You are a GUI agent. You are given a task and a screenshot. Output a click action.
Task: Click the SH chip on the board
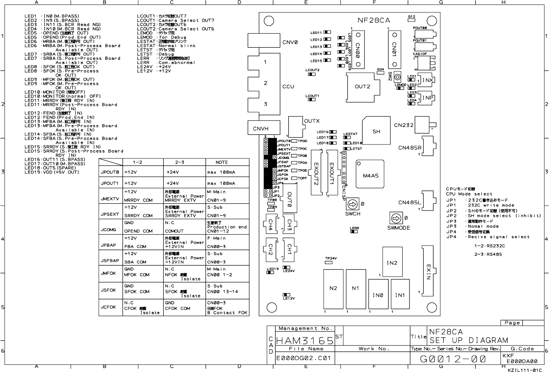tap(376, 131)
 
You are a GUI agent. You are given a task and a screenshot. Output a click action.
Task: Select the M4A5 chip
tap(370, 175)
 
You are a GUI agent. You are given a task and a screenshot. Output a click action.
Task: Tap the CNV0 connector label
tap(290, 42)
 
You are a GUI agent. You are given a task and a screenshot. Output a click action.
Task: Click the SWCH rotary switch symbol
tap(352, 204)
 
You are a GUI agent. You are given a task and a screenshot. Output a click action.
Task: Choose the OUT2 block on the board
tap(362, 86)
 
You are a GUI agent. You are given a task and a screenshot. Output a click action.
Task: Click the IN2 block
tap(392, 263)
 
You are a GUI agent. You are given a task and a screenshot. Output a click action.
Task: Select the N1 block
tap(355, 288)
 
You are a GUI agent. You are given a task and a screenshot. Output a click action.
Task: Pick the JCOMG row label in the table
tap(108, 229)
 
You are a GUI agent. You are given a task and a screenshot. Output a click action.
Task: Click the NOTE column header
tap(221, 162)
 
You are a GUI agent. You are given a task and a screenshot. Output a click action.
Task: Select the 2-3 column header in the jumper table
tap(180, 162)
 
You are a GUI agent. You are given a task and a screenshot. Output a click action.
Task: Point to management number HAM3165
tap(305, 341)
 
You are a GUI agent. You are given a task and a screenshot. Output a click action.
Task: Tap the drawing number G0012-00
tap(453, 359)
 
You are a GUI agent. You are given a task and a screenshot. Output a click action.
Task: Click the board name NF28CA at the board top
tap(374, 20)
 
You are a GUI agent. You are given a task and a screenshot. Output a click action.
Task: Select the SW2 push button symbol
tap(397, 77)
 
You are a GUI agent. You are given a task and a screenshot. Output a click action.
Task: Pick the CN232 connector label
tap(403, 125)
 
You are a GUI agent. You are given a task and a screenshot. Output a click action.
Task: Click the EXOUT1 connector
tap(332, 172)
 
